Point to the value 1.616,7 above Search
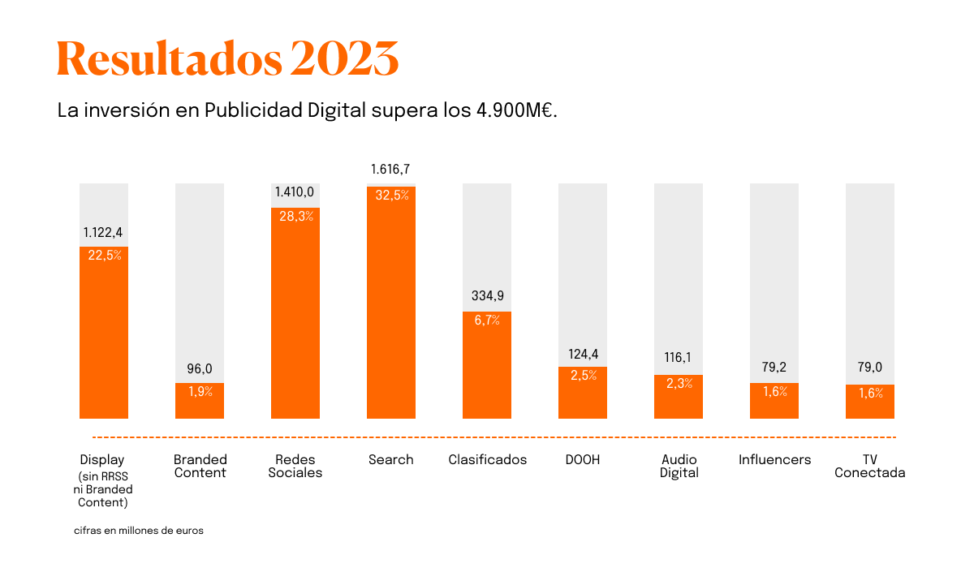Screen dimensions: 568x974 tap(390, 170)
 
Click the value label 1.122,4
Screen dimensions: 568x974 tap(103, 233)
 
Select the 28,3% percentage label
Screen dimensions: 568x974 tap(295, 216)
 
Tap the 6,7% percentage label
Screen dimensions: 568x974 tap(487, 320)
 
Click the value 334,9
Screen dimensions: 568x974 tap(487, 295)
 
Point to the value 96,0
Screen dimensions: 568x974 tap(200, 369)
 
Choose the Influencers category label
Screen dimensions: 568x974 tap(774, 460)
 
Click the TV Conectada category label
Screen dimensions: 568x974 tap(869, 467)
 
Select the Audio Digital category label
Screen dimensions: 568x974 tap(679, 467)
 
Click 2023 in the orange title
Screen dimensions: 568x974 tap(344, 58)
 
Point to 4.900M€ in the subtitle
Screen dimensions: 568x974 tap(516, 110)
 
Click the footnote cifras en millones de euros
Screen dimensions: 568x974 tap(138, 531)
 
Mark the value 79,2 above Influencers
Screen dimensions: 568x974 tap(774, 368)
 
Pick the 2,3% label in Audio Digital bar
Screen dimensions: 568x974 tap(679, 384)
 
